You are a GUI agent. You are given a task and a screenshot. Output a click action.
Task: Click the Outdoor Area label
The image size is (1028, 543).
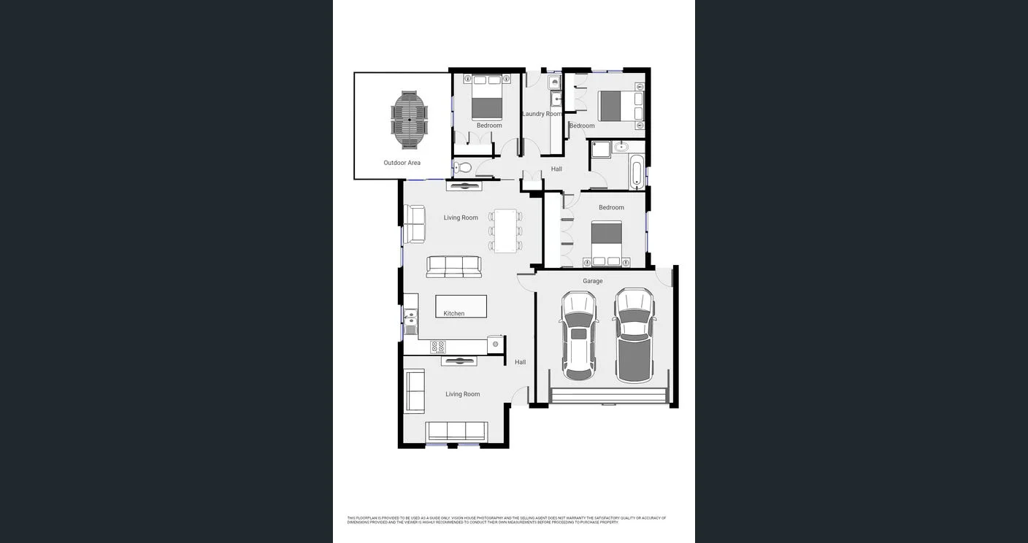(402, 163)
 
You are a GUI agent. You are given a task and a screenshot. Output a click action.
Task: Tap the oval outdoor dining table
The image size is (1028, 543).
(410, 120)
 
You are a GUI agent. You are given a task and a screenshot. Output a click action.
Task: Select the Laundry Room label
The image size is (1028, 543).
(542, 114)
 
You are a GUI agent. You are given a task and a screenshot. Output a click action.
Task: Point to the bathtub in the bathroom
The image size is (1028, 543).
(637, 172)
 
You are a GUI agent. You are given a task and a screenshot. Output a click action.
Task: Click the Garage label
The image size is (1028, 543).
(592, 281)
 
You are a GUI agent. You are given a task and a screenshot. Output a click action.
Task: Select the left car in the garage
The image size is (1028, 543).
(579, 335)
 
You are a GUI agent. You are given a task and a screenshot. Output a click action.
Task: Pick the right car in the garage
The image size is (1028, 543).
(634, 335)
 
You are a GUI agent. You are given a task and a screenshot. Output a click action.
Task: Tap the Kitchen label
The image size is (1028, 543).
(453, 314)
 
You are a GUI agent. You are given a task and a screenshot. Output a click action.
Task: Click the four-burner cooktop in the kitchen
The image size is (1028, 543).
(438, 347)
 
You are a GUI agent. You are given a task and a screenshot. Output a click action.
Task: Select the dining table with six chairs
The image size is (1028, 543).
(505, 231)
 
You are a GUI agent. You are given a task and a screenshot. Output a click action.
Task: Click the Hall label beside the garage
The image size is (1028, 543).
(520, 362)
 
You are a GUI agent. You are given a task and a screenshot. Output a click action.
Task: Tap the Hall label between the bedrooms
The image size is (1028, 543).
(556, 169)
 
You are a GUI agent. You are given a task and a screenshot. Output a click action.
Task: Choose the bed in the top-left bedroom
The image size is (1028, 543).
(487, 98)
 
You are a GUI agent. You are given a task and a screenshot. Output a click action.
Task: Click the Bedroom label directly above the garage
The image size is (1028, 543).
(611, 207)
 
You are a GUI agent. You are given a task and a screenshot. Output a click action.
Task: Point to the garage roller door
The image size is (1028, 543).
(609, 396)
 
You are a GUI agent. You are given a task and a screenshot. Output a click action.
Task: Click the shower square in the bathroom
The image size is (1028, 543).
(600, 150)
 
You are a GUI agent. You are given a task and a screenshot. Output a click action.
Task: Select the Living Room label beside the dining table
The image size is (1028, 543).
(461, 217)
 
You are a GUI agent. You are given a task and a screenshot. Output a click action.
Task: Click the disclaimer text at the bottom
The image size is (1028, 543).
(506, 520)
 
